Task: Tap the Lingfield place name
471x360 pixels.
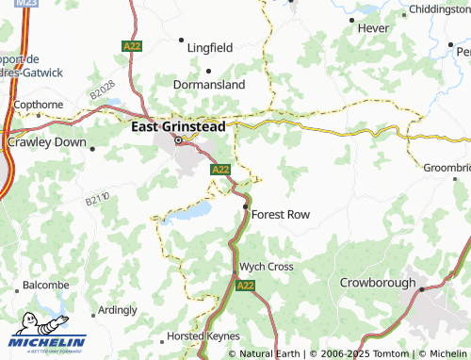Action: click(x=210, y=46)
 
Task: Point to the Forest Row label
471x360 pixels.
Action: click(x=281, y=215)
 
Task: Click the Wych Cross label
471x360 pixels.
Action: click(x=267, y=267)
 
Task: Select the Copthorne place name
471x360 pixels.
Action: click(x=38, y=104)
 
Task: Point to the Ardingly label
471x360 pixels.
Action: click(x=117, y=309)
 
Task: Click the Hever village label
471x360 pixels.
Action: click(x=371, y=29)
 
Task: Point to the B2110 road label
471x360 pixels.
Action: click(x=97, y=200)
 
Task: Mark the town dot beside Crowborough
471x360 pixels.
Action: click(x=422, y=289)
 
